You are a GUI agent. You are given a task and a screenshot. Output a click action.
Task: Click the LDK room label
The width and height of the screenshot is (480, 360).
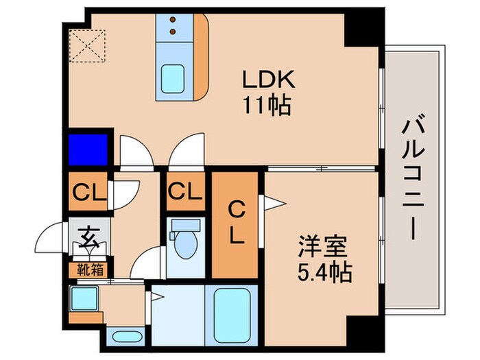[x=267, y=80]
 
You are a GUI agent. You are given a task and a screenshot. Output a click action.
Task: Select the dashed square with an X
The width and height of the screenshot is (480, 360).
[x=87, y=45]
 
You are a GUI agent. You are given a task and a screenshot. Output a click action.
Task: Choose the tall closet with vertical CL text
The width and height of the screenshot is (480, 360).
[x=235, y=222]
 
